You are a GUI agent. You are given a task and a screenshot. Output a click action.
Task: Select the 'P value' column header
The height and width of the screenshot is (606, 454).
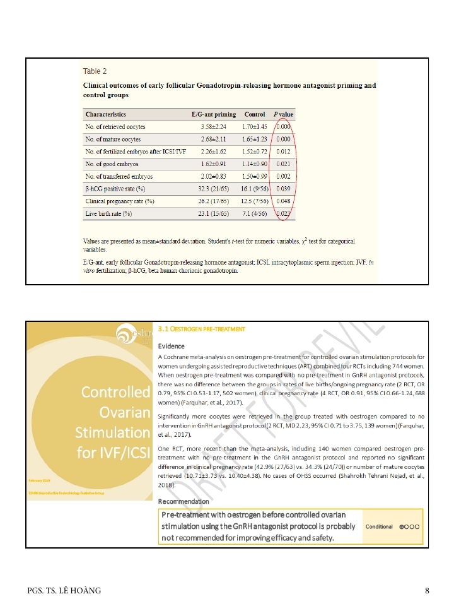[284, 114]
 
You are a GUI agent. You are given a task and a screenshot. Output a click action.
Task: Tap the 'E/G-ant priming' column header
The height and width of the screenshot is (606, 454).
[214, 114]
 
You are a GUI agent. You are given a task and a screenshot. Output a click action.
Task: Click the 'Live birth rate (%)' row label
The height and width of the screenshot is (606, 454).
[109, 213]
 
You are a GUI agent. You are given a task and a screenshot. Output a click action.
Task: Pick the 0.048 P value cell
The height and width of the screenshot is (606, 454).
[284, 201]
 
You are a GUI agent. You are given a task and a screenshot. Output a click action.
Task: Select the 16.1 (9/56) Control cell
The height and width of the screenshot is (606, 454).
[254, 189]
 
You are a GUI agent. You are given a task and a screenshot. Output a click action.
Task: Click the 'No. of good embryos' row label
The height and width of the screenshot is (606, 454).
[112, 164]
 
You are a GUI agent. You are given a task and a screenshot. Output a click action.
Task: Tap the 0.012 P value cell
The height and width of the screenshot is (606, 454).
[284, 151]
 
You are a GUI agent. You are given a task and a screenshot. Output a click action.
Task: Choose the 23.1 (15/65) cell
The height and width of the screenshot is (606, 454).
[213, 213]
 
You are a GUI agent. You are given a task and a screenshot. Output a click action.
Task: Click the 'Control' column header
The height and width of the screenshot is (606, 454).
[255, 114]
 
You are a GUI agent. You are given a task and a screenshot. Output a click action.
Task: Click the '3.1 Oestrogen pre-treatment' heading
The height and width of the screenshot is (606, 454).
[201, 329]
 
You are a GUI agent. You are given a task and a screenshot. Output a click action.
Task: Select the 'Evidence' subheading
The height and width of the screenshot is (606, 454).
[171, 346]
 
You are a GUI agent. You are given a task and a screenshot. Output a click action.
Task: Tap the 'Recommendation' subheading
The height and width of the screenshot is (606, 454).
[183, 501]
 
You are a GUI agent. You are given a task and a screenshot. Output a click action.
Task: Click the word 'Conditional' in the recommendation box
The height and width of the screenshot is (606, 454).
[379, 526]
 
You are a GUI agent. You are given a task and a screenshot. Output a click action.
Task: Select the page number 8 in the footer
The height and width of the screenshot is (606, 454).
[427, 590]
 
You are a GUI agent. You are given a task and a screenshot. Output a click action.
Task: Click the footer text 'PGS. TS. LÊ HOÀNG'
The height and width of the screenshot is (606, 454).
[64, 590]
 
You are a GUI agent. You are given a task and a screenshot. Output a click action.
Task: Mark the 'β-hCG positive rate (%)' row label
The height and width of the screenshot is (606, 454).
[115, 189]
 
